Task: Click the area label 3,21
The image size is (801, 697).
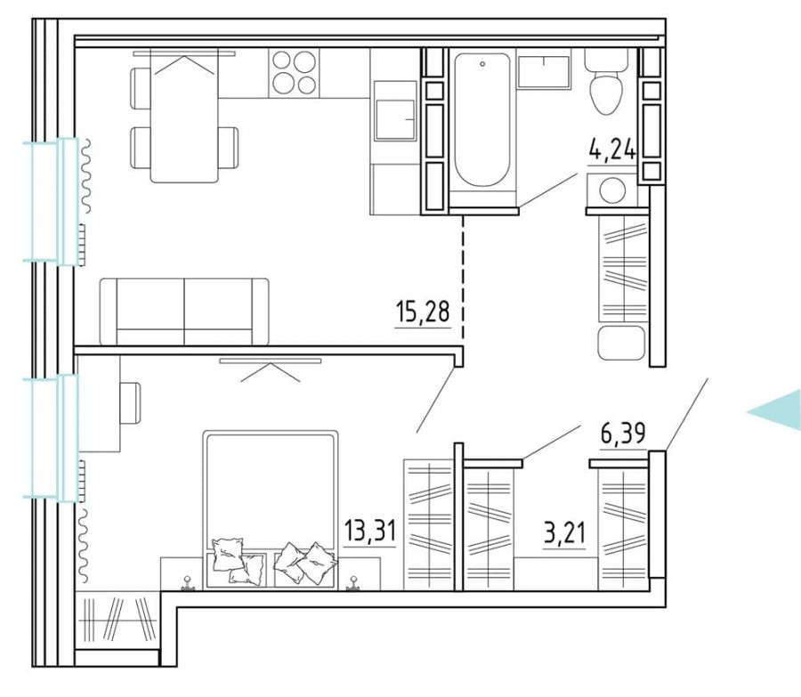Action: click(565, 533)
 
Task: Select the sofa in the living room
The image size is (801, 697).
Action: click(184, 311)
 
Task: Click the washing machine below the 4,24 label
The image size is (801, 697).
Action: click(611, 190)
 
